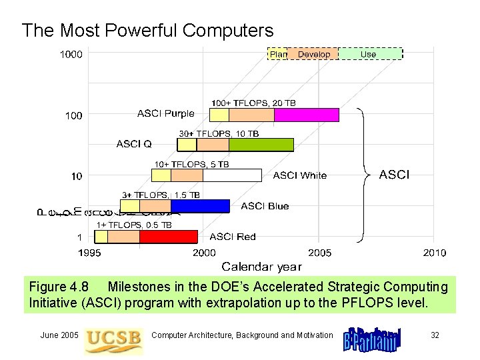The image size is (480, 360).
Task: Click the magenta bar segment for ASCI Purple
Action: coord(306,115)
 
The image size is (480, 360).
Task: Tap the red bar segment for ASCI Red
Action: coord(169,237)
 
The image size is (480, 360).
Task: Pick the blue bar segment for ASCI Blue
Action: coord(199,206)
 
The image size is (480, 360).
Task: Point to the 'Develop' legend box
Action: coord(313,54)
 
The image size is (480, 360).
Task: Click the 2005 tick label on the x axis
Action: coord(319,253)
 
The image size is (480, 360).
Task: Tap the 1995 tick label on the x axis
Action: coord(90,253)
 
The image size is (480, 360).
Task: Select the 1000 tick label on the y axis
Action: coord(71,55)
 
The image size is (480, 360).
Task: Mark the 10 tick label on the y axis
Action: coord(77,176)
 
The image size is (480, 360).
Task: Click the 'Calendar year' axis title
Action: coord(261,267)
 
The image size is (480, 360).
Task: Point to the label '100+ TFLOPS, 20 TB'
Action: coord(253,103)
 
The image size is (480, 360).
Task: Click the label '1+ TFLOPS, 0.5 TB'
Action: coord(134,225)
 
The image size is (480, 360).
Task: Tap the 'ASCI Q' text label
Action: coord(134,143)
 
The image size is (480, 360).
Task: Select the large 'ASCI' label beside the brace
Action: coord(395,175)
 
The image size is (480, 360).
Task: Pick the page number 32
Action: coord(435,335)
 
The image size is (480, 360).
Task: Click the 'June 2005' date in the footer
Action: coord(59,335)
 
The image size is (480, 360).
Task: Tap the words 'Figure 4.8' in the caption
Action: coord(59,287)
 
